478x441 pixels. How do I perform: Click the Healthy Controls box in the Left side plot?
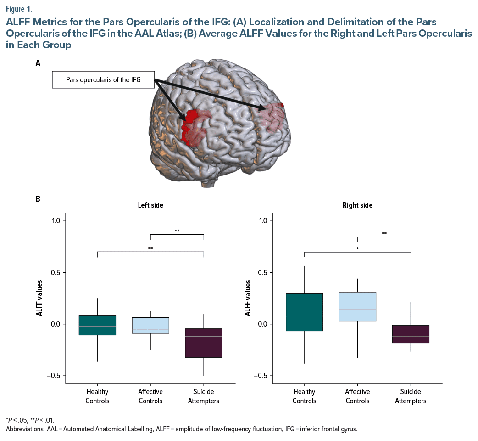[x=97, y=325]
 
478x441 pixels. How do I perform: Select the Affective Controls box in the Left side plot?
[x=150, y=325]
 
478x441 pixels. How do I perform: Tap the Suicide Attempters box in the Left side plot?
[x=204, y=343]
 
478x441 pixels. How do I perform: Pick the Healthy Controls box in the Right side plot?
[x=304, y=312]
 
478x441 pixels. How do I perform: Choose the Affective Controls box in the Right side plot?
[x=357, y=306]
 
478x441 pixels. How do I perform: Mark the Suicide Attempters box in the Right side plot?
[x=411, y=334]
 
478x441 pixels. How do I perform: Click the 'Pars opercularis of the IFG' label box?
[x=103, y=80]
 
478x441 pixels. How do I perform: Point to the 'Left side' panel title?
[x=150, y=205]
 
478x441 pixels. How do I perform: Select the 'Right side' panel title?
[x=357, y=205]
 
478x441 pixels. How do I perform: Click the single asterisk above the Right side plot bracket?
[x=357, y=249]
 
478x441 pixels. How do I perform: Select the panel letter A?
[x=38, y=64]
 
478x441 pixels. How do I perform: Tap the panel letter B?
[x=38, y=199]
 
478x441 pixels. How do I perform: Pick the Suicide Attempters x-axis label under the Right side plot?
[x=411, y=396]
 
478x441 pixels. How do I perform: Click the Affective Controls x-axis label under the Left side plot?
[x=150, y=396]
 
